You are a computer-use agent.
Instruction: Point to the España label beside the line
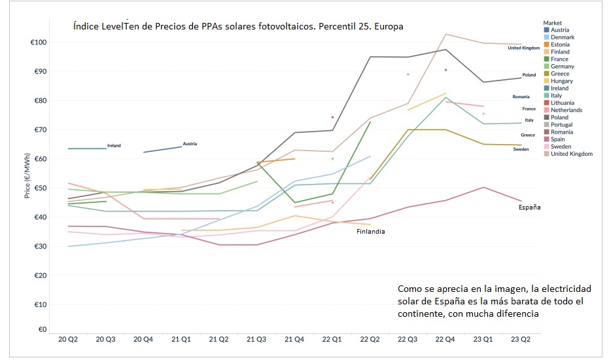click(x=529, y=207)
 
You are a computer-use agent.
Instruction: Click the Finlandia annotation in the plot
click(x=370, y=232)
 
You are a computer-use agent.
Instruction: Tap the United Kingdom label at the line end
click(x=523, y=48)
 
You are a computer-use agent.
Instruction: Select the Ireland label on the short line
click(x=114, y=145)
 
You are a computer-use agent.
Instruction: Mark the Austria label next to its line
click(x=190, y=143)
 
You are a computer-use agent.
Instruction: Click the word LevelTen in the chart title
click(x=121, y=27)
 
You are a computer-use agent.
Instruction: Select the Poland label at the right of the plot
click(x=529, y=75)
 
